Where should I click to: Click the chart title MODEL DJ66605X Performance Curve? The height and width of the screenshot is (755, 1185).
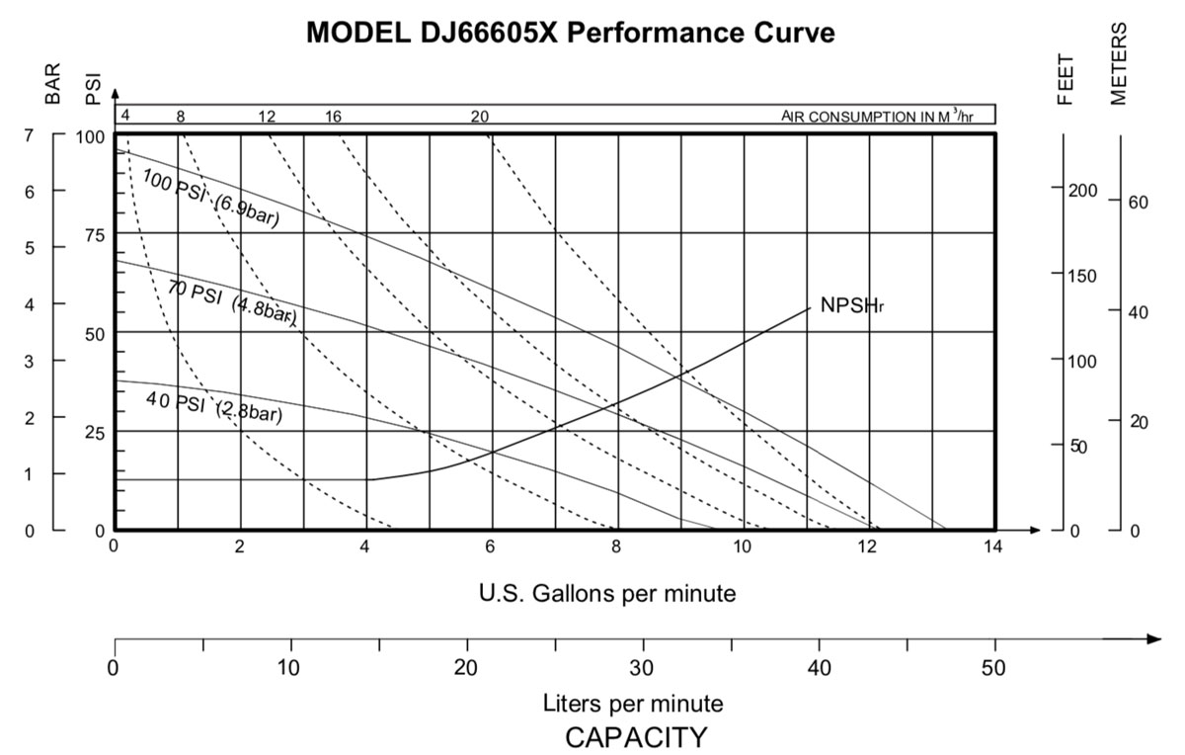(x=571, y=33)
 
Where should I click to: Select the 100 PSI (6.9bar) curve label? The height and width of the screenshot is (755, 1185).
(x=210, y=198)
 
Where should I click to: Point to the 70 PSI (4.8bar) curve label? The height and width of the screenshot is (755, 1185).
(x=230, y=300)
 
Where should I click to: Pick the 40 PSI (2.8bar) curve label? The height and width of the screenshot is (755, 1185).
(x=213, y=406)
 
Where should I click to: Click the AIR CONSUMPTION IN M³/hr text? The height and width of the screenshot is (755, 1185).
(x=877, y=117)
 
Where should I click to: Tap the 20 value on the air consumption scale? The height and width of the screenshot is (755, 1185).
(x=479, y=117)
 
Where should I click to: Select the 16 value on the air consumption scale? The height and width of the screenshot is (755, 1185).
(x=333, y=117)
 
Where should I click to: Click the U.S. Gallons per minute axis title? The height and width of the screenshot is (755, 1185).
(x=607, y=594)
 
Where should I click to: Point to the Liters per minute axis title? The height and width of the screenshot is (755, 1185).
(x=633, y=704)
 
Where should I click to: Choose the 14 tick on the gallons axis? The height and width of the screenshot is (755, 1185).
(x=992, y=546)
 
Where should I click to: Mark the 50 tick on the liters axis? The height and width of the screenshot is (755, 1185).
(x=993, y=667)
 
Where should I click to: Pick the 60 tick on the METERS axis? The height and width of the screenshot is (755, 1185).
(x=1139, y=203)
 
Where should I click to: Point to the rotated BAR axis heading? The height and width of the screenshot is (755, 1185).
(x=54, y=84)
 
